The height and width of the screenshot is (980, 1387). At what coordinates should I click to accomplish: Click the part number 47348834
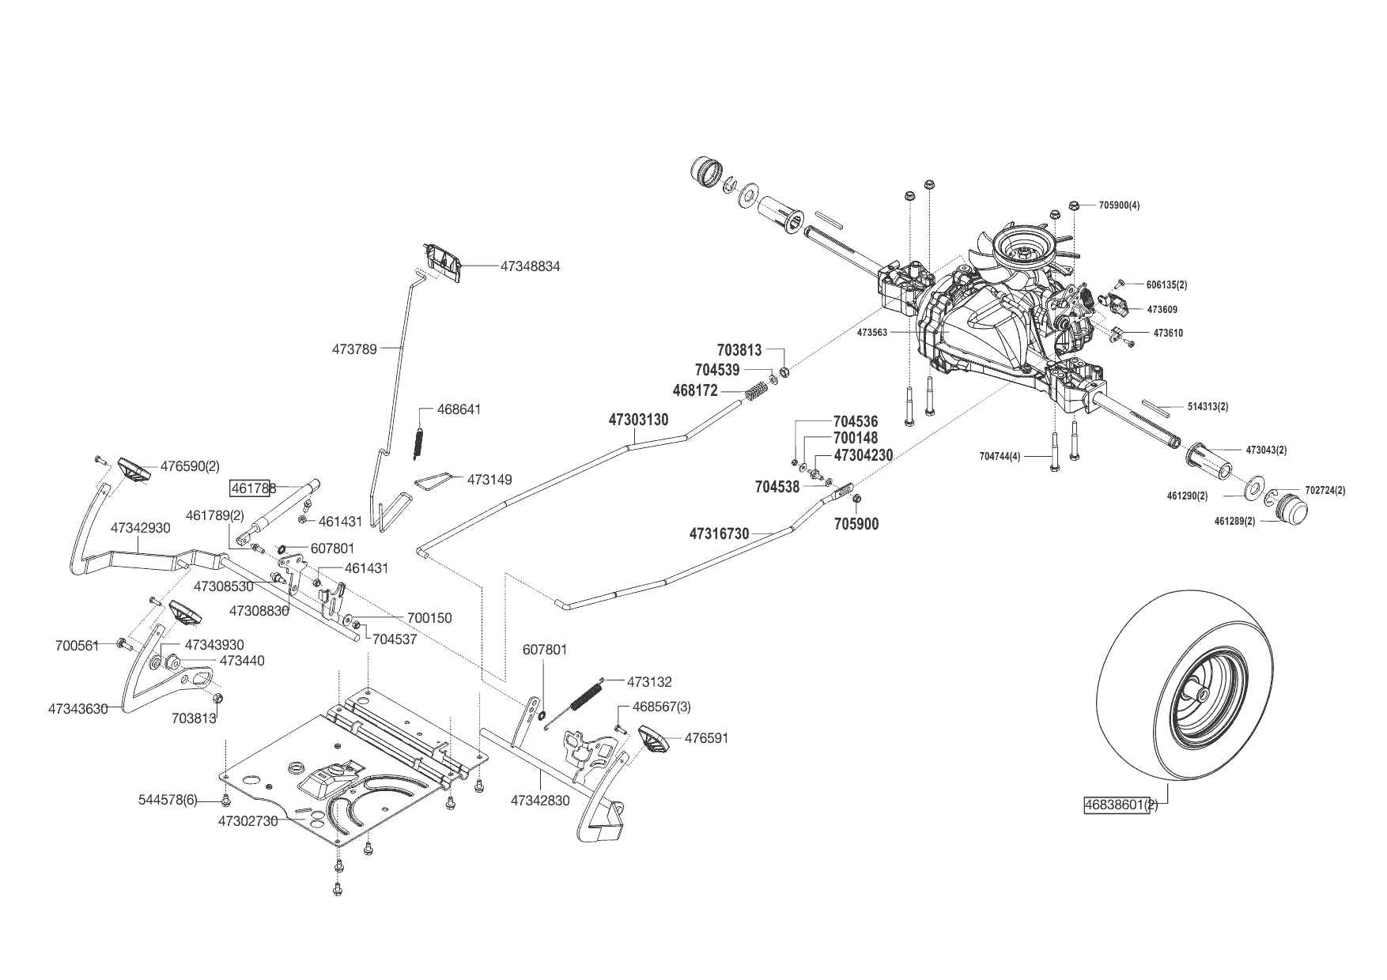[x=530, y=267]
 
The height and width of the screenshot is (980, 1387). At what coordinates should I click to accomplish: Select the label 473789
[x=354, y=348]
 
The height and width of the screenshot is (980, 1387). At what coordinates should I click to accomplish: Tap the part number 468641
[x=459, y=410]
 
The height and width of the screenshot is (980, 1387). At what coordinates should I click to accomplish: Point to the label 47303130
[x=638, y=420]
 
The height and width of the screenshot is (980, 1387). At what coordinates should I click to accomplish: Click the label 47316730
[x=719, y=534]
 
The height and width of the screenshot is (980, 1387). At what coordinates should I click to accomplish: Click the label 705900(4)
[x=1119, y=205]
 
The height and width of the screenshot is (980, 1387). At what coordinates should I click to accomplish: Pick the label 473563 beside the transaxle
[x=872, y=333]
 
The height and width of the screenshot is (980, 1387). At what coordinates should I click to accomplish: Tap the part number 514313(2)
[x=1207, y=407]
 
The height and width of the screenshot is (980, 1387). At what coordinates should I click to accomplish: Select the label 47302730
[x=248, y=821]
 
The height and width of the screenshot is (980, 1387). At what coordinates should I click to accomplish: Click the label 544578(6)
[x=168, y=801]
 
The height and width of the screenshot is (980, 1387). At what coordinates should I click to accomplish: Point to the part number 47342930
[x=140, y=527]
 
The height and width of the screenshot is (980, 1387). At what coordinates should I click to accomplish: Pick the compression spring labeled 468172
[x=757, y=390]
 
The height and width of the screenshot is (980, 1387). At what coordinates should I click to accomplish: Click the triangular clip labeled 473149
[x=433, y=481]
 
